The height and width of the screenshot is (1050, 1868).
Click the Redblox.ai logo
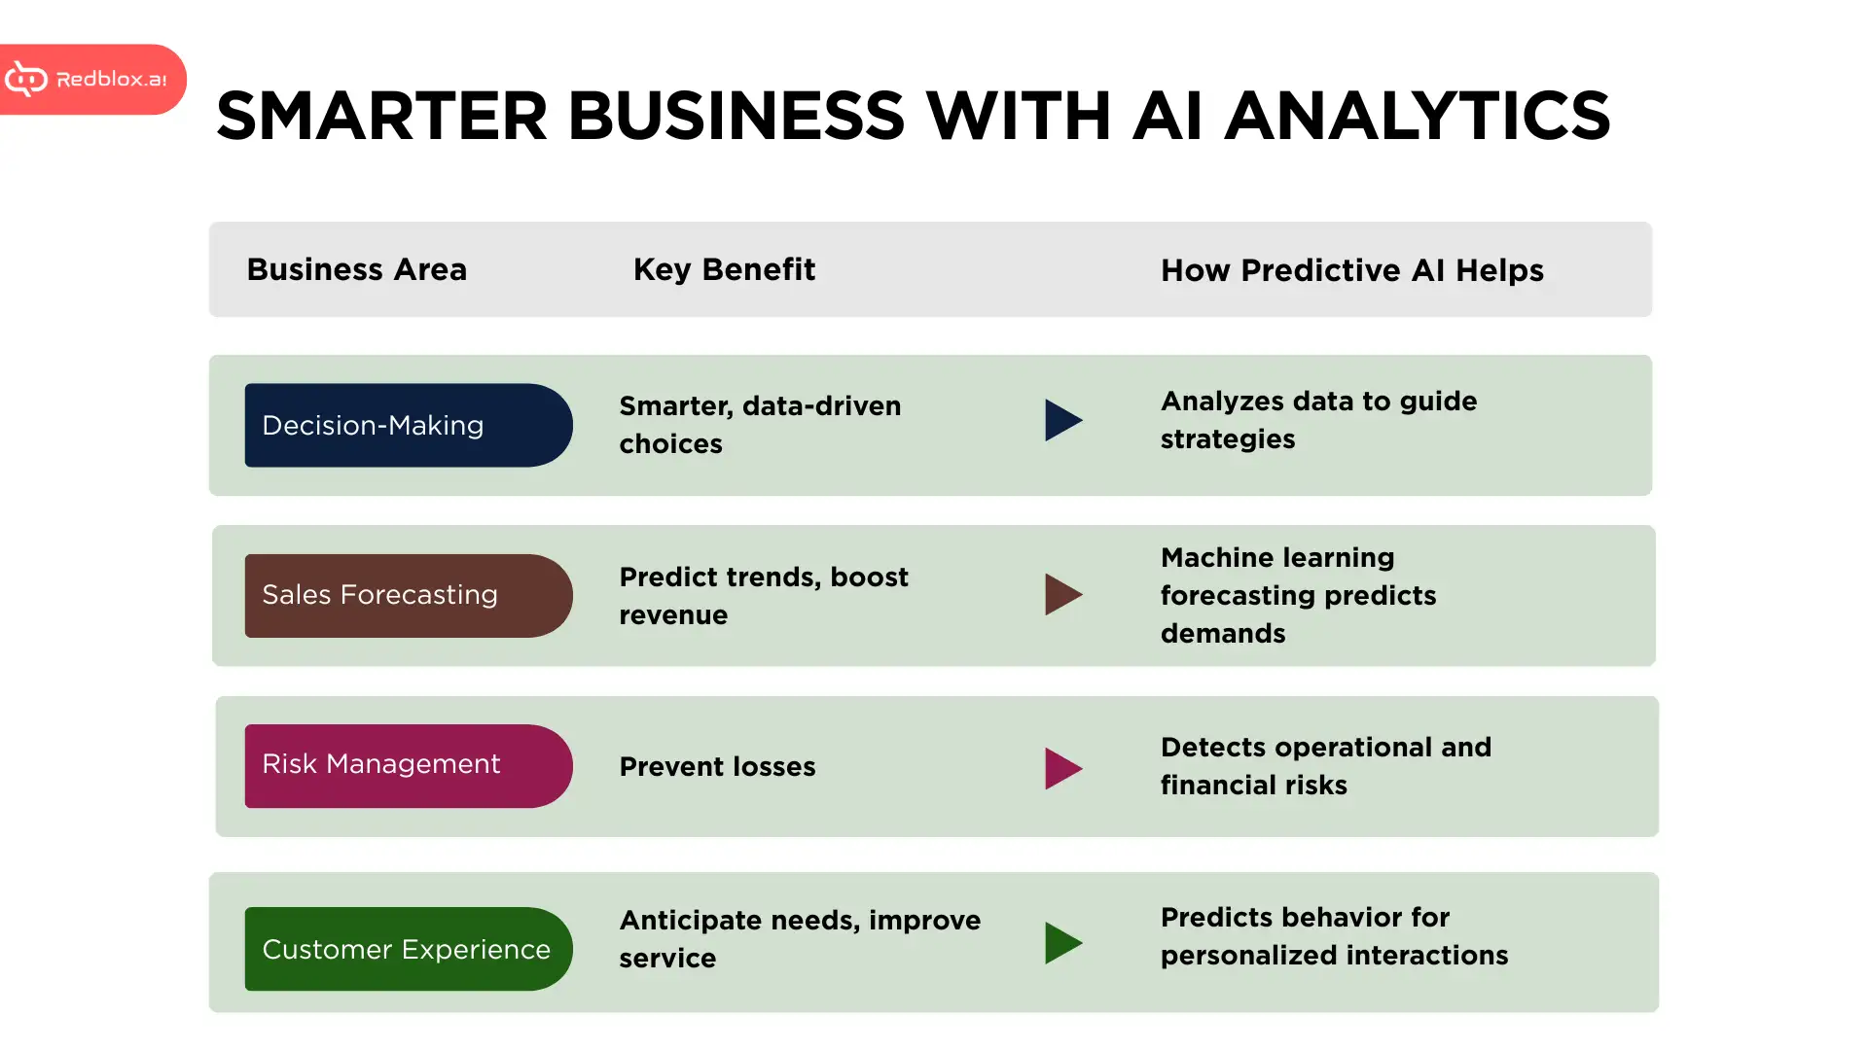pyautogui.click(x=91, y=79)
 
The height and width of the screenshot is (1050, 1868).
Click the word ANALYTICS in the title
pyautogui.click(x=1417, y=116)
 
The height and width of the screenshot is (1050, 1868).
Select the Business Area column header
pyautogui.click(x=356, y=269)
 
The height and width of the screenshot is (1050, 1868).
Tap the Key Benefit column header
pyautogui.click(x=724, y=269)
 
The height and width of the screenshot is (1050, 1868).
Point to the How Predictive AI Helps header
pyautogui.click(x=1351, y=270)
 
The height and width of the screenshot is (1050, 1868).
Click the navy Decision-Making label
pyautogui.click(x=409, y=425)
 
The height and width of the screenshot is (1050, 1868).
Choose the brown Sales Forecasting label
pyautogui.click(x=409, y=596)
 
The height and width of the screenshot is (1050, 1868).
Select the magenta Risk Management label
pyautogui.click(x=409, y=766)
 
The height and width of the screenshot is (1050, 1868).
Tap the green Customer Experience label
pyautogui.click(x=409, y=949)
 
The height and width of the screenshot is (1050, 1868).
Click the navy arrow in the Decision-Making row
pyautogui.click(x=1062, y=420)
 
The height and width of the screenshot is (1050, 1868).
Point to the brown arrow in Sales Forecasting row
pyautogui.click(x=1062, y=594)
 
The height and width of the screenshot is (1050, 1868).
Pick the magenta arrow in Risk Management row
pyautogui.click(x=1062, y=768)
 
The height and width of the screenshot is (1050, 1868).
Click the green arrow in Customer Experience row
pyautogui.click(x=1062, y=943)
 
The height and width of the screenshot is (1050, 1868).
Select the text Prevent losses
pyautogui.click(x=717, y=767)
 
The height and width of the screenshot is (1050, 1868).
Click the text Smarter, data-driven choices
pyautogui.click(x=760, y=425)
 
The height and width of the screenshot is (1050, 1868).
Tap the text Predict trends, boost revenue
pyautogui.click(x=764, y=596)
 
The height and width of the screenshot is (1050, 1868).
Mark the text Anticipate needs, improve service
pyautogui.click(x=800, y=939)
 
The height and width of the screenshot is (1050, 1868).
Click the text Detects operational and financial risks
pyautogui.click(x=1325, y=766)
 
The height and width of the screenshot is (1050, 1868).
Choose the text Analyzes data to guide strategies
pyautogui.click(x=1318, y=420)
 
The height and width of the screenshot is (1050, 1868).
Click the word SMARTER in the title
pyautogui.click(x=382, y=116)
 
